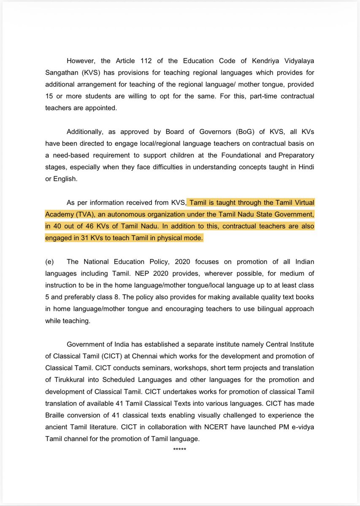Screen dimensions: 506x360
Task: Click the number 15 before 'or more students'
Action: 49,96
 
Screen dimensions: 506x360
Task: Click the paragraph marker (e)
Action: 49,262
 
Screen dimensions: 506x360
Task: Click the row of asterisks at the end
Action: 179,449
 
